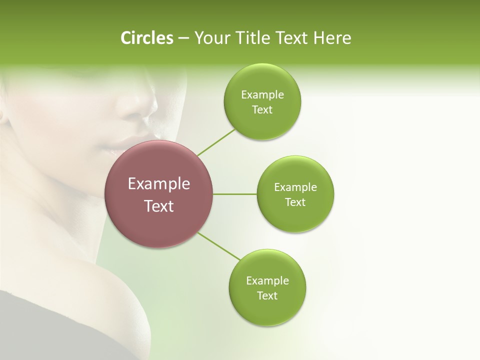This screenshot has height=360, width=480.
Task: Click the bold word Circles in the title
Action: pos(146,38)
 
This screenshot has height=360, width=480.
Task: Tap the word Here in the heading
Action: pos(332,38)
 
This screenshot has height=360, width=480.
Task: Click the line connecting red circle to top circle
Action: pos(216,141)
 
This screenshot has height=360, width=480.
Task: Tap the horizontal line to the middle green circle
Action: pos(235,194)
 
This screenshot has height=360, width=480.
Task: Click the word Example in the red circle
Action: pos(159,184)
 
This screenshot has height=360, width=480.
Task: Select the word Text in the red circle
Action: pos(159,206)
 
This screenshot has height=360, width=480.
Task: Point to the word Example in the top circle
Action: pos(262,95)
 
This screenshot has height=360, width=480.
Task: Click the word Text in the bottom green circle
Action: pos(267,296)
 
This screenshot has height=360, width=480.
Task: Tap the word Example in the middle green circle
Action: pos(295,187)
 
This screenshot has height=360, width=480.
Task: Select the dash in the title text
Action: pos(183,38)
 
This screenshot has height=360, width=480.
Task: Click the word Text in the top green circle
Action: pos(262,110)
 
